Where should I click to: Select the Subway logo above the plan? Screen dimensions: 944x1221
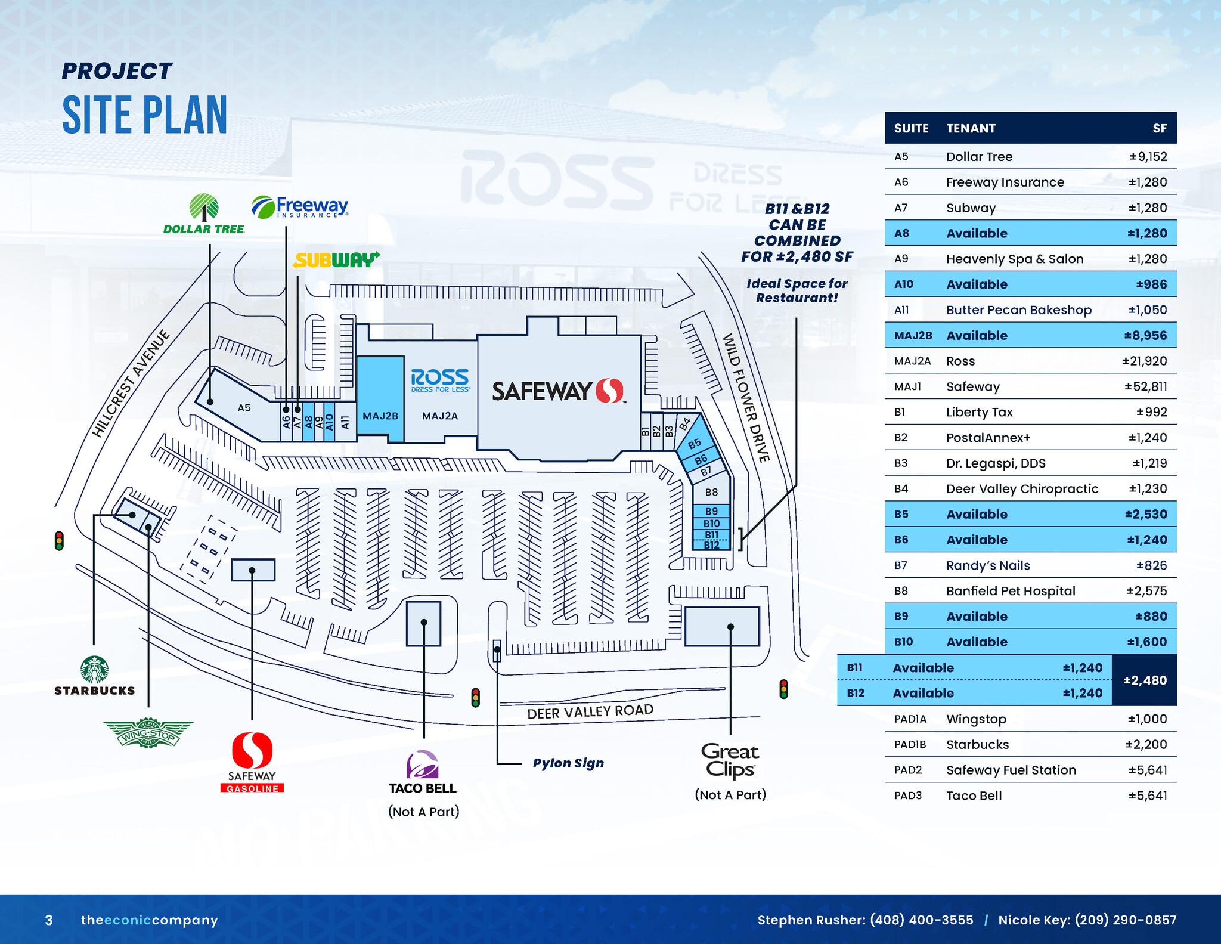[336, 260]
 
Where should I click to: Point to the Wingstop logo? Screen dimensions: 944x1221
[148, 733]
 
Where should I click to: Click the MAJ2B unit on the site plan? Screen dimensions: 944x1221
[380, 416]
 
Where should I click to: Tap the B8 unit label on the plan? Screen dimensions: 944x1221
[711, 493]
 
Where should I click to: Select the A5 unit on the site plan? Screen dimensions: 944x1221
[244, 408]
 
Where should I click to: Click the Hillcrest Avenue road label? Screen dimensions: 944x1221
[131, 383]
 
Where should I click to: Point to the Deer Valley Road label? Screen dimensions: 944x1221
[590, 711]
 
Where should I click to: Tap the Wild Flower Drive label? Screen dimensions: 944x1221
[746, 398]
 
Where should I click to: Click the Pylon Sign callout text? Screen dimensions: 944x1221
[568, 763]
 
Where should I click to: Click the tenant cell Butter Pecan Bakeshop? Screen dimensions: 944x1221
[1018, 310]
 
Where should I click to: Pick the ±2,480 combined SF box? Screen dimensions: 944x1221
[1145, 680]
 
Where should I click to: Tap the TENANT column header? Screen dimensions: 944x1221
[971, 128]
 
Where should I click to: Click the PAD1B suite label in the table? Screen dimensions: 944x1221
[910, 744]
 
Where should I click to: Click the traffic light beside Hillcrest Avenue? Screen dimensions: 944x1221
[59, 541]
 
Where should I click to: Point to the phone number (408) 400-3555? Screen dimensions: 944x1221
[921, 920]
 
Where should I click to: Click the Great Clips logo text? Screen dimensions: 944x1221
[730, 760]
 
